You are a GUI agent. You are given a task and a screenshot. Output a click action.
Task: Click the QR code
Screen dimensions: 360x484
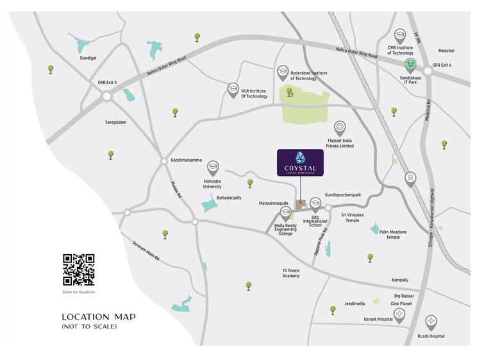click(x=78, y=270)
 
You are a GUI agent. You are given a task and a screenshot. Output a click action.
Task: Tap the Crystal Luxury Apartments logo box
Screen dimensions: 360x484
click(x=300, y=163)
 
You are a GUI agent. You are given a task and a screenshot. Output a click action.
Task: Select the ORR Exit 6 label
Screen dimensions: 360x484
click(x=442, y=65)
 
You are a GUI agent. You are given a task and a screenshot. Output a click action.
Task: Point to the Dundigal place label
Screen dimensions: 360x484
click(x=88, y=58)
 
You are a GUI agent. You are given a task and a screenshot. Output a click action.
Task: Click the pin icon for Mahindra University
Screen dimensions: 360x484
click(x=212, y=169)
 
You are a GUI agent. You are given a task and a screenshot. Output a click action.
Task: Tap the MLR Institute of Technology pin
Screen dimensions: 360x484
click(x=234, y=90)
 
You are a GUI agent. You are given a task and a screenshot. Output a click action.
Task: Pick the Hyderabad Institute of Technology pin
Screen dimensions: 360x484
click(x=283, y=73)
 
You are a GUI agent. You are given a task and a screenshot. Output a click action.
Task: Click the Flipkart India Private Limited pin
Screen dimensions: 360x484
click(x=340, y=127)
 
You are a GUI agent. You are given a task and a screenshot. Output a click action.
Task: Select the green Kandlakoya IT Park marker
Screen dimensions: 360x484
click(x=410, y=64)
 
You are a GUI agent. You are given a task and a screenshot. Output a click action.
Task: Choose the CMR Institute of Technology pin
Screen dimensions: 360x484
click(x=400, y=35)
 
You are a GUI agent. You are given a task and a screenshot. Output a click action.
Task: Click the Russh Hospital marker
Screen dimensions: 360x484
click(x=431, y=321)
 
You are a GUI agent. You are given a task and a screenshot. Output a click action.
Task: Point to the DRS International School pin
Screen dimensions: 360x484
click(x=315, y=204)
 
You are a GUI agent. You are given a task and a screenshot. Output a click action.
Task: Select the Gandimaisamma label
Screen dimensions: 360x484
click(x=186, y=160)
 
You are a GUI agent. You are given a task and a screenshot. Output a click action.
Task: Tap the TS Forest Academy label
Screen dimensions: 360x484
click(x=291, y=273)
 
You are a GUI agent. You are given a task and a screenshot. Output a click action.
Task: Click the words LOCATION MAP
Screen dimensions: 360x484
click(x=98, y=316)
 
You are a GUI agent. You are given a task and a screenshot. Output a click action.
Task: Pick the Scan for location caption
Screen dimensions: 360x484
click(x=78, y=292)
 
